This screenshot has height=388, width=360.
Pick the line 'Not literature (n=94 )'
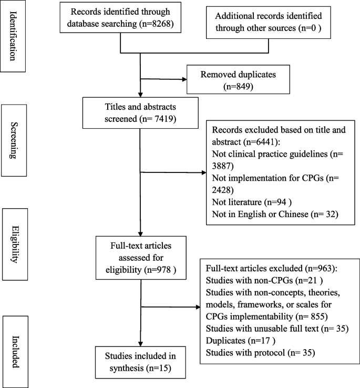[247, 201]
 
